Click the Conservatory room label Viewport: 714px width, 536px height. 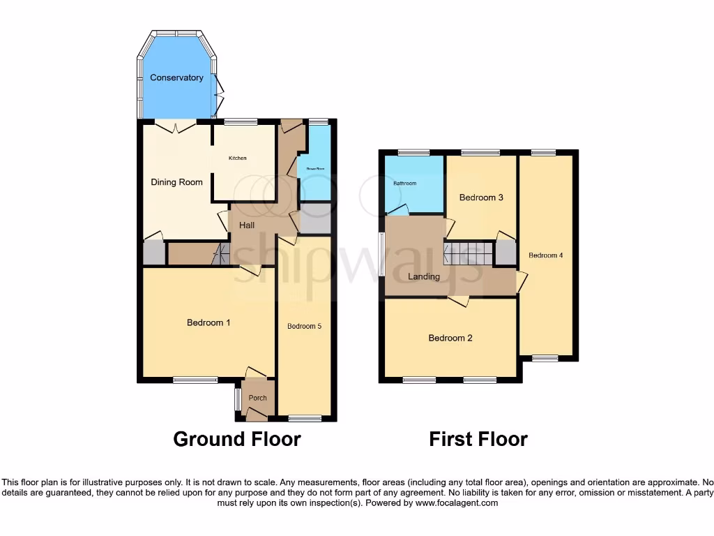click(x=176, y=77)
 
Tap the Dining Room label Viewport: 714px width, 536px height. click(x=177, y=182)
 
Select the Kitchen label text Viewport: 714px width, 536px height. click(x=238, y=158)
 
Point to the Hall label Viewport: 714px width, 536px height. click(x=247, y=225)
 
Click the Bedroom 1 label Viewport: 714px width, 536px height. click(x=208, y=322)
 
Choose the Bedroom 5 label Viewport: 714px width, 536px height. click(x=304, y=326)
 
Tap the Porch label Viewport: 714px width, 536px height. click(x=258, y=399)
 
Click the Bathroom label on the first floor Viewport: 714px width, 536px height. click(x=404, y=184)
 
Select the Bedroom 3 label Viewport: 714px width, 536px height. click(x=481, y=198)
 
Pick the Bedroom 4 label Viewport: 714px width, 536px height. click(x=545, y=255)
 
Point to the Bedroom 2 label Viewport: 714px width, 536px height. click(x=450, y=338)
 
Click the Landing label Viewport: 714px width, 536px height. click(x=424, y=276)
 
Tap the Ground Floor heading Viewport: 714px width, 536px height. click(x=237, y=439)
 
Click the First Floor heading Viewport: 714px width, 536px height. click(x=478, y=439)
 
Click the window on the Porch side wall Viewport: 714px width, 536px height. click(x=237, y=399)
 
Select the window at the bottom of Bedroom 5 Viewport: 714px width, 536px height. click(x=305, y=418)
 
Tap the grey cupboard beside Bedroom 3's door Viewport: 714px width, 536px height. click(x=505, y=253)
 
